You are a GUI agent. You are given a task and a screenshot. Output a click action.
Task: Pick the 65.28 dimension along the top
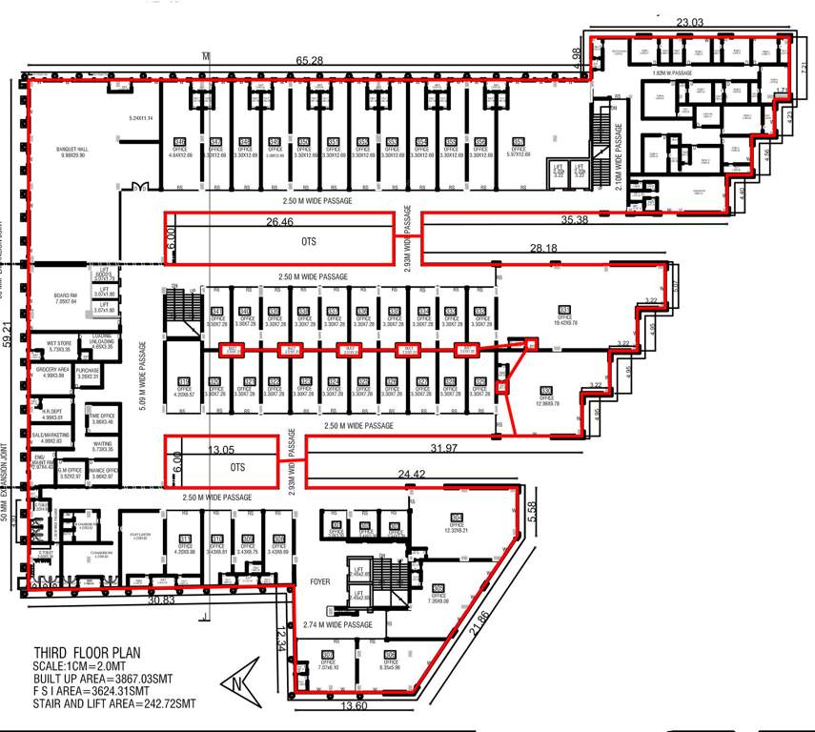(x=310, y=61)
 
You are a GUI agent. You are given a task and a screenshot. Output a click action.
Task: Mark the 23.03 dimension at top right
(x=688, y=23)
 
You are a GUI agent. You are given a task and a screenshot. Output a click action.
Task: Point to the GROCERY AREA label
(x=50, y=373)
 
